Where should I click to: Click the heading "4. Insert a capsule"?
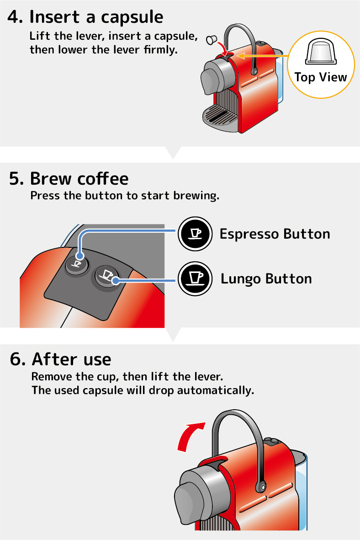click(x=85, y=17)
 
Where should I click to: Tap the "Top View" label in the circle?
click(x=320, y=77)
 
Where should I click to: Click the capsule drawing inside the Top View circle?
click(x=321, y=51)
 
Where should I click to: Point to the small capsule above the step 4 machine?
click(x=211, y=39)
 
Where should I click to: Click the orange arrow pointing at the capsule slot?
click(x=262, y=55)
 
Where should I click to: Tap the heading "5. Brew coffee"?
click(x=69, y=178)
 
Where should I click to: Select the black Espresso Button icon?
click(x=195, y=234)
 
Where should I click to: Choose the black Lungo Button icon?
click(x=195, y=278)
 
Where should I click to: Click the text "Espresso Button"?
click(x=275, y=234)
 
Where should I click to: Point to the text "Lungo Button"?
click(x=266, y=278)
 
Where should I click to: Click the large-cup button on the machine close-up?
click(x=106, y=276)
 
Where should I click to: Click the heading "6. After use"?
click(x=61, y=359)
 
